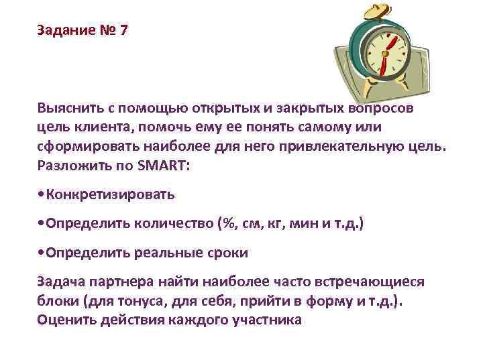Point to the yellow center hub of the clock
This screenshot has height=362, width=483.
point(388,52)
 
